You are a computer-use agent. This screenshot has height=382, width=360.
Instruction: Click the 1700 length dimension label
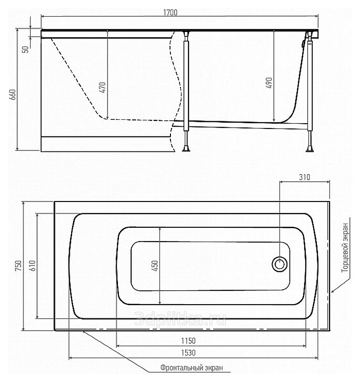pos(170,13)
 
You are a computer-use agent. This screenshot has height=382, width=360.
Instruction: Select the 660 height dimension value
pos(13,95)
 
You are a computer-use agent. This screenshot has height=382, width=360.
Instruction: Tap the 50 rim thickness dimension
pos(26,49)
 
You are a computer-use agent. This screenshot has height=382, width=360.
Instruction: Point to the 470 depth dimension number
pos(103,87)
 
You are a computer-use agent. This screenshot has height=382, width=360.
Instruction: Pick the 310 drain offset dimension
pos(305,177)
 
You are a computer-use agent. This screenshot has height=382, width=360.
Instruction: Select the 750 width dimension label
pos(19,265)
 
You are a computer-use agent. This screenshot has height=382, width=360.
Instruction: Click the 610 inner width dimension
pos(32,265)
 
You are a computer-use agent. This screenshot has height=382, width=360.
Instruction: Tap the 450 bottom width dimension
pos(155,265)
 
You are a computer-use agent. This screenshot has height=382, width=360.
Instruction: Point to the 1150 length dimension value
pos(188,341)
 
